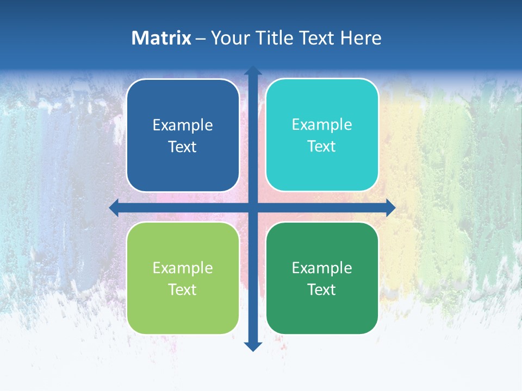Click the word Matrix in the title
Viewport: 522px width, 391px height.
(161, 38)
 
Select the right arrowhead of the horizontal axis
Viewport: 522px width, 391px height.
(390, 207)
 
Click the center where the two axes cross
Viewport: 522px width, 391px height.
(253, 207)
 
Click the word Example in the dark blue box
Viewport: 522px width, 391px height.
(183, 125)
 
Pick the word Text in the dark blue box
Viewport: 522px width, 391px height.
(183, 147)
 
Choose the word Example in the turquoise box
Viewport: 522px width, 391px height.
(322, 125)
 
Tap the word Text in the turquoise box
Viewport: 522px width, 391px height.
(322, 146)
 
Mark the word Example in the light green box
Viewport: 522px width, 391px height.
(183, 268)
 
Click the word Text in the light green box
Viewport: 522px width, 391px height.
(183, 289)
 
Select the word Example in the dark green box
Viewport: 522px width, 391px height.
(322, 268)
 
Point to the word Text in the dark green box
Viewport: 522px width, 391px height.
(322, 289)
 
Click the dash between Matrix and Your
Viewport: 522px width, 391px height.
(201, 39)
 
